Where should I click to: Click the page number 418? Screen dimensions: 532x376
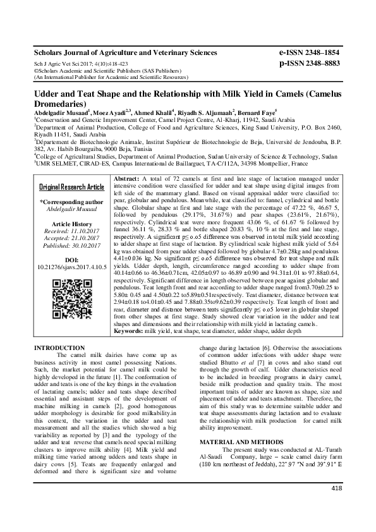[336, 505]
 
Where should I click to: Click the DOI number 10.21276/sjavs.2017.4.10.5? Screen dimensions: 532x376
[71, 267]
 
